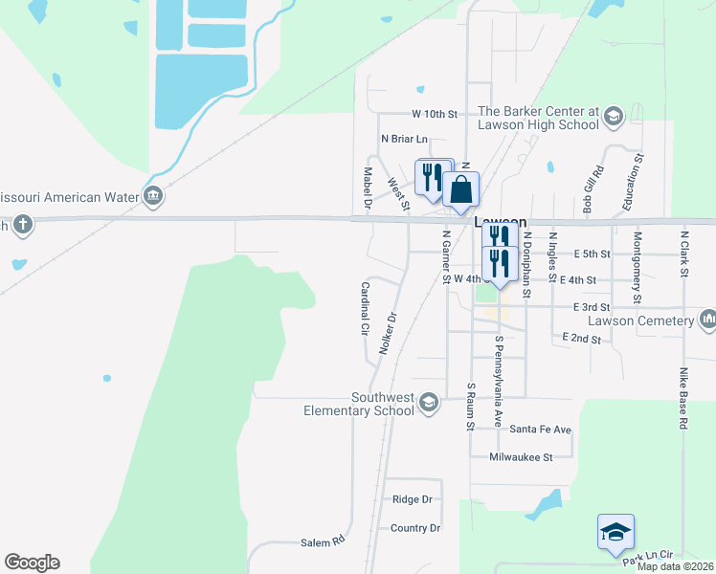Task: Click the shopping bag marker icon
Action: [460, 188]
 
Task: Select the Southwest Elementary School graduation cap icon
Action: [429, 402]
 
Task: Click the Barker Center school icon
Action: [613, 118]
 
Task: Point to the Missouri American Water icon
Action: [153, 196]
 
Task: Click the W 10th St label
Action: [436, 114]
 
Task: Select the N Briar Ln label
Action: [403, 139]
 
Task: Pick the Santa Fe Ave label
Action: [540, 430]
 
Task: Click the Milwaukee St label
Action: [521, 457]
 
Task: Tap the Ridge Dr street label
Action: [412, 499]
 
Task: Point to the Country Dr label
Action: [414, 528]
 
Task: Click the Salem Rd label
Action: [324, 541]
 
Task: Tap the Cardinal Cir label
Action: [364, 307]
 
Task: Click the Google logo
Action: [32, 563]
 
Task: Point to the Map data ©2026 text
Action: [675, 566]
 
